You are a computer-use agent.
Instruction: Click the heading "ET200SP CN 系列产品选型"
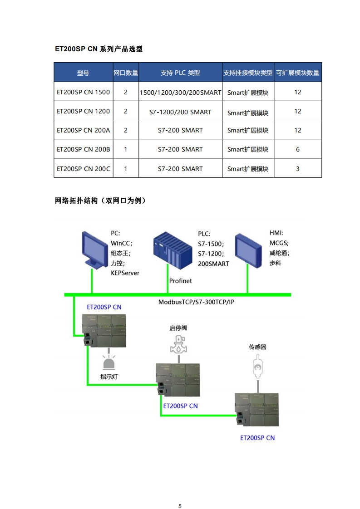point(99,49)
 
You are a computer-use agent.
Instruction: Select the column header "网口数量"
point(126,73)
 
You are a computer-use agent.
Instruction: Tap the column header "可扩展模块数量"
point(297,73)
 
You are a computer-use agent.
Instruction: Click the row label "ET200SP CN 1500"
point(83,92)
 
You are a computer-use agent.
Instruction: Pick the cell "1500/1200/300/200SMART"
point(180,93)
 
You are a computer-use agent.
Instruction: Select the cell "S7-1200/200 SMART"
point(180,112)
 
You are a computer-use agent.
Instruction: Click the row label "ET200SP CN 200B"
point(83,149)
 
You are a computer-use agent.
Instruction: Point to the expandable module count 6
point(298,149)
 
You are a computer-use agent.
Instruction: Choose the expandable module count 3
point(298,169)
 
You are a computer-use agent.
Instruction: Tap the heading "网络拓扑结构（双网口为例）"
point(100,201)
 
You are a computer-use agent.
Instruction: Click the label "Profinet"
point(180,281)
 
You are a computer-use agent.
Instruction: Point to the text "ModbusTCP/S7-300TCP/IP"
point(196,302)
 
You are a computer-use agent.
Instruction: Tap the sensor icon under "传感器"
point(257,367)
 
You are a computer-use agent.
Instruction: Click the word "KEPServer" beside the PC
point(125,273)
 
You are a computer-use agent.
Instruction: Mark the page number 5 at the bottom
point(180,494)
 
